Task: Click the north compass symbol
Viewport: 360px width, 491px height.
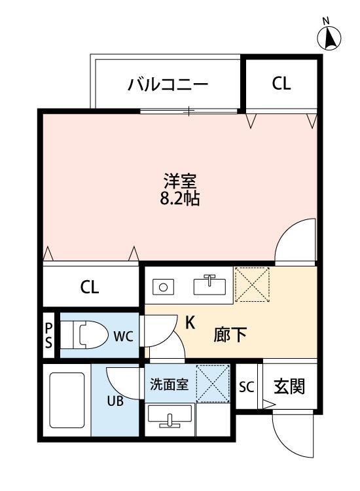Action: (x=331, y=38)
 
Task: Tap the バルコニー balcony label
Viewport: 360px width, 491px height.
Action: (x=168, y=84)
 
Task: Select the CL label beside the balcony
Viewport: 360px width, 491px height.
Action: (x=281, y=83)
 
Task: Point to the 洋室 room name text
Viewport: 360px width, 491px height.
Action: (x=180, y=179)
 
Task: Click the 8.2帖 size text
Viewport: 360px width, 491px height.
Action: (x=180, y=198)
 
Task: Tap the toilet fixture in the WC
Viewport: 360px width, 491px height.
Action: (x=92, y=336)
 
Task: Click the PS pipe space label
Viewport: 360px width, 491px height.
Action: (x=49, y=335)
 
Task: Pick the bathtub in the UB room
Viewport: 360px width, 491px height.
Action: (x=67, y=405)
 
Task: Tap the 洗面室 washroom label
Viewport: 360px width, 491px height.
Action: (x=170, y=385)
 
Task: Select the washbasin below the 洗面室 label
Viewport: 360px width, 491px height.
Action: (x=170, y=417)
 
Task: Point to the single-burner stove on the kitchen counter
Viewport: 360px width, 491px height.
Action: (x=164, y=286)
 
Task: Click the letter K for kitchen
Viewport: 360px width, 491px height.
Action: (x=190, y=322)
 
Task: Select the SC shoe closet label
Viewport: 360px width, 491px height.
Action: (x=247, y=386)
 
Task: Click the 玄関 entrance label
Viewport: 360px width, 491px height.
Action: (x=288, y=386)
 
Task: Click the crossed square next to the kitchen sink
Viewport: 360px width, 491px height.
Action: (x=252, y=284)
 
